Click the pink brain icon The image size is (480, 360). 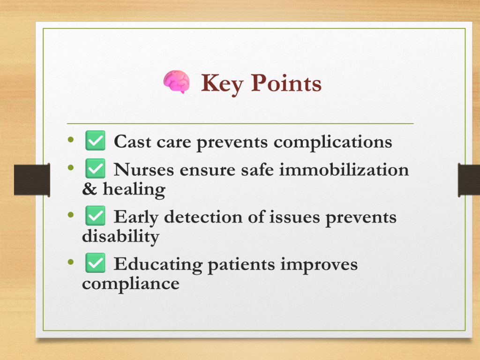point(176,82)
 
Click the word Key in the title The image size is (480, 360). point(222,84)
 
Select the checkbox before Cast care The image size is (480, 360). point(95,141)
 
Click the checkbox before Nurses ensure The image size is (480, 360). point(95,168)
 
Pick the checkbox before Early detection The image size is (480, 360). point(95,216)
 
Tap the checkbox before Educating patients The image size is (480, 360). point(95,262)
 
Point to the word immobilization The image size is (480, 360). point(344,170)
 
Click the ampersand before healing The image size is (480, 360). point(90,189)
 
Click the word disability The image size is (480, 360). point(120,236)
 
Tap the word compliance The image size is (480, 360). point(131,284)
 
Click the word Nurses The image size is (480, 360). point(144,170)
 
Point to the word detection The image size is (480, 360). point(203,217)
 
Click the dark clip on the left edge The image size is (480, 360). point(32,180)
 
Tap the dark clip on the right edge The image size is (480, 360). point(469,180)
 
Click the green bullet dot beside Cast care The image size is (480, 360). point(71,140)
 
